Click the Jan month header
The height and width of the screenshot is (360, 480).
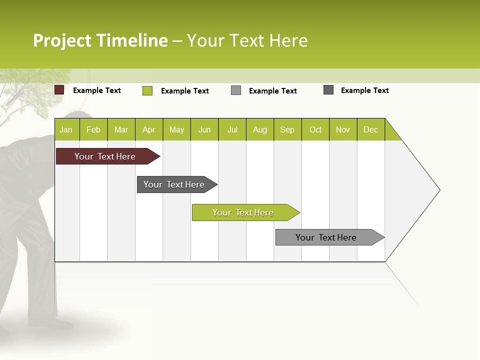pyautogui.click(x=66, y=129)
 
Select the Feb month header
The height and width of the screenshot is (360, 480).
pyautogui.click(x=93, y=129)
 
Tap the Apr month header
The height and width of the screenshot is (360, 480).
pyautogui.click(x=149, y=129)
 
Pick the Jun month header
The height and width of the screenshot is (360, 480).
pyautogui.click(x=204, y=129)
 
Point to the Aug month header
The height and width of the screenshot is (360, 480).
pyautogui.click(x=260, y=129)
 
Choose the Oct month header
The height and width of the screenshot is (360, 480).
pyautogui.click(x=315, y=129)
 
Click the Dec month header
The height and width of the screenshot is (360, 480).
pyautogui.click(x=371, y=129)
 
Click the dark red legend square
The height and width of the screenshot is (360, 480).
pyautogui.click(x=59, y=90)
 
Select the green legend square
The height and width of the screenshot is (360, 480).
pyautogui.click(x=147, y=90)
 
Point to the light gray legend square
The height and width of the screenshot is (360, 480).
pyautogui.click(x=236, y=90)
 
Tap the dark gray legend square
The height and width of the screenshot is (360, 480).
pyautogui.click(x=328, y=90)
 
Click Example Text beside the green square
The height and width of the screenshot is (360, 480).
pyautogui.click(x=184, y=91)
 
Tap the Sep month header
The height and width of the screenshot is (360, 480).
pyautogui.click(x=287, y=129)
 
